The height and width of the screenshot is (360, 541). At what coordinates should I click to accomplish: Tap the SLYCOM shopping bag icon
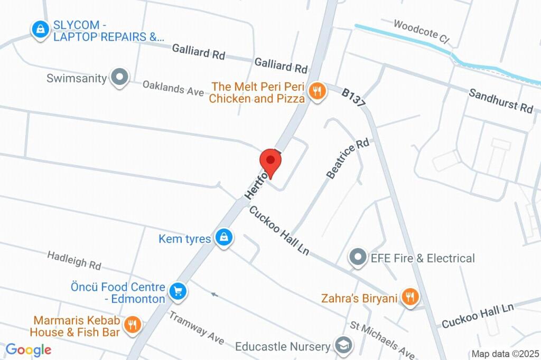point(40,29)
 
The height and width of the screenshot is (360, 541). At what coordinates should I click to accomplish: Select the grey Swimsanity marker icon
point(120,78)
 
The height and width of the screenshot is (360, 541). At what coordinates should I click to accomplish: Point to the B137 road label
point(353,98)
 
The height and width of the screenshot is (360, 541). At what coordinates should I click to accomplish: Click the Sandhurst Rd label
point(501,100)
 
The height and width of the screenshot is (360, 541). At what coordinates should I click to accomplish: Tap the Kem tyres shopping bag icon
point(225,238)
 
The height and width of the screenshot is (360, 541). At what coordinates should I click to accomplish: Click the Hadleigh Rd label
point(74,259)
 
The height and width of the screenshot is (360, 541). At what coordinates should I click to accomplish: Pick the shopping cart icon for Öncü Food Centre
point(178,291)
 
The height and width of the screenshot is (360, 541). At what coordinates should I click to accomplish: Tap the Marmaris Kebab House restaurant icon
point(132,325)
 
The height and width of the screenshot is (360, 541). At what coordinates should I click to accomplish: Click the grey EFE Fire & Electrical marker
point(358,258)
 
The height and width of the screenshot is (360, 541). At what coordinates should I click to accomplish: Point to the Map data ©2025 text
point(505,354)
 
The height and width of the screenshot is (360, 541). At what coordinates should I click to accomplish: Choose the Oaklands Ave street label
point(173,88)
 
